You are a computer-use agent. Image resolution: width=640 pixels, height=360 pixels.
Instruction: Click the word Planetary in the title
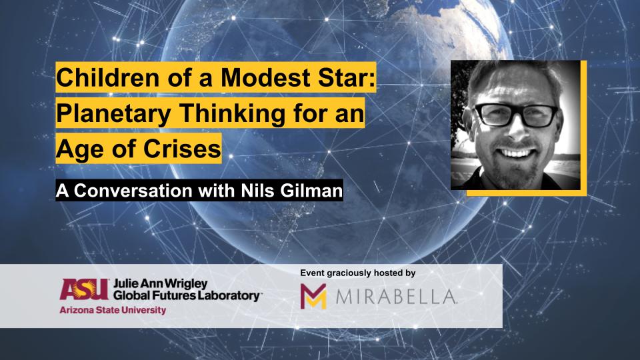pos(113,113)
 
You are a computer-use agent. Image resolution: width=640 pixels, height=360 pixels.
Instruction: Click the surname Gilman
pos(311,191)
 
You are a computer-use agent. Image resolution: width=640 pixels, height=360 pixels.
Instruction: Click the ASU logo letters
pos(85,289)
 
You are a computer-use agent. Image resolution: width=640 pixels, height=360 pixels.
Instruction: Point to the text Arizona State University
pos(113,310)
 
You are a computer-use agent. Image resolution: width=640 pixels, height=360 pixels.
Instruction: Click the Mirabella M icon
pos(313,296)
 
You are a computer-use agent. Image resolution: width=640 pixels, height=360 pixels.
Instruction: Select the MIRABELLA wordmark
pos(396,297)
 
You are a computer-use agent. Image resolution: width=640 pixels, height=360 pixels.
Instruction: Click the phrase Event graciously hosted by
pos(357,273)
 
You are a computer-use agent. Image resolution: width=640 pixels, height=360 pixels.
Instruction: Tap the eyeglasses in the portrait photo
pos(516,115)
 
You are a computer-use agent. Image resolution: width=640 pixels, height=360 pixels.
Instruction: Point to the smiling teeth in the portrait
pos(516,153)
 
